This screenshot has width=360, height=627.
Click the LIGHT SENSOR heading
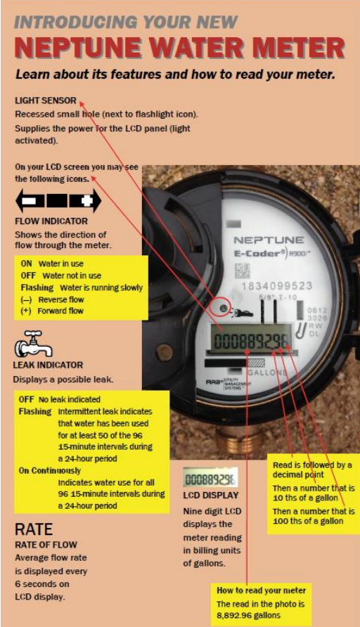(46, 101)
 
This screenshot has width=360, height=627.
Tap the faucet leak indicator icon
(34, 344)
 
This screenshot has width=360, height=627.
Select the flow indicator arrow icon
(58, 200)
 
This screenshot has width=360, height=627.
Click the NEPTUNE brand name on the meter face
(269, 240)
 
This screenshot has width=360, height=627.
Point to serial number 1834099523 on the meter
(276, 286)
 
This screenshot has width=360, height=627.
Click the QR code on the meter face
(242, 271)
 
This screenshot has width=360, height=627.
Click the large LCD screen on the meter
(251, 340)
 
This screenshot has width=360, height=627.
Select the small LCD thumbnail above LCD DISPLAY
(210, 477)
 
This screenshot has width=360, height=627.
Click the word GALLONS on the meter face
(266, 373)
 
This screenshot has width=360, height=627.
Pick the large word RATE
(34, 529)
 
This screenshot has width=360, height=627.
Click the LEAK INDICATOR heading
(48, 365)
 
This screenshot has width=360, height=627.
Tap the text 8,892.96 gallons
(248, 616)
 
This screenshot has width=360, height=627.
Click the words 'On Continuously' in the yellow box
(50, 471)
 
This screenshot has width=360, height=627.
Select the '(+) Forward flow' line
(52, 311)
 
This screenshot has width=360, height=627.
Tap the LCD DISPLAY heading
(211, 495)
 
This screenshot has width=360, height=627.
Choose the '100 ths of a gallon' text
(308, 521)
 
